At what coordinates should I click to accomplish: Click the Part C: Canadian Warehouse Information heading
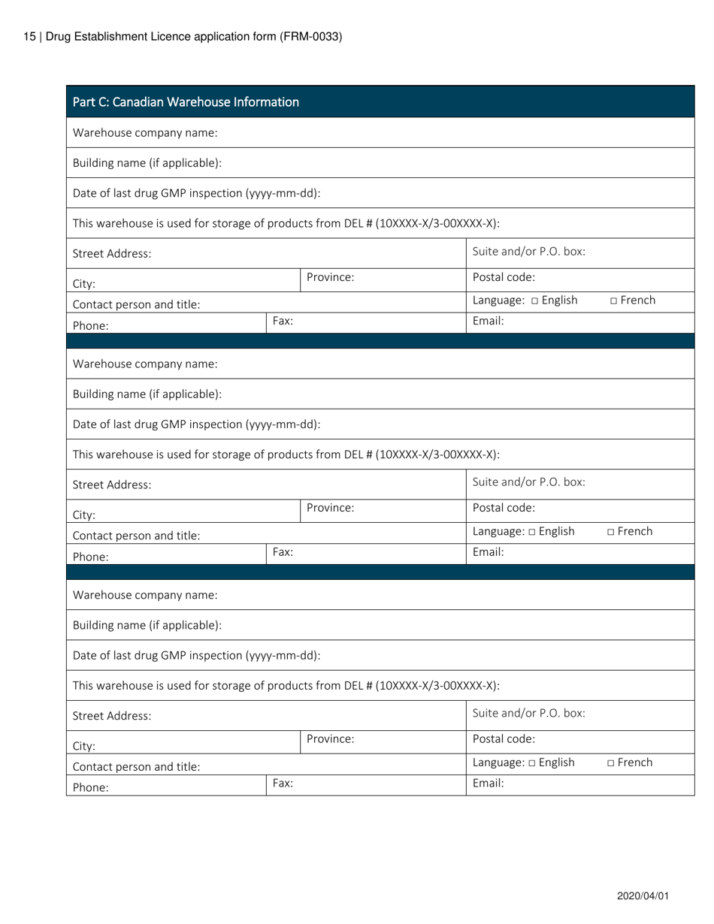(x=186, y=102)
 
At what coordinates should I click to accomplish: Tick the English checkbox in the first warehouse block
(x=535, y=301)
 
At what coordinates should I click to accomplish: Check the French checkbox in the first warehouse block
(x=614, y=301)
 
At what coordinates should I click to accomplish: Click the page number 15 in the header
(x=29, y=36)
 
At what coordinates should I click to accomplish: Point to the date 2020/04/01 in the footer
(x=643, y=896)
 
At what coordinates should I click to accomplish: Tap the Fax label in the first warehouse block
(x=283, y=321)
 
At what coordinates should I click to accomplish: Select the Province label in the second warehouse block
(x=330, y=508)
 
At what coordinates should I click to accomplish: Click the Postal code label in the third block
(x=504, y=738)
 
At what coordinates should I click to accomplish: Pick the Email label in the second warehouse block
(x=488, y=551)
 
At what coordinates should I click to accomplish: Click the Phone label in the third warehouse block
(x=90, y=788)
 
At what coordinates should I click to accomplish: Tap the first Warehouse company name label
(x=145, y=133)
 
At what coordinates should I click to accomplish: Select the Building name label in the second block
(x=147, y=394)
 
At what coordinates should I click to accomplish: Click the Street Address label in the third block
(x=112, y=716)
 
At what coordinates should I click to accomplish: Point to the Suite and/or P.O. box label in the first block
(x=528, y=251)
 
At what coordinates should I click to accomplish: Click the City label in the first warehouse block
(x=83, y=285)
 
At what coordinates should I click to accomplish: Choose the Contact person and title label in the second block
(x=136, y=536)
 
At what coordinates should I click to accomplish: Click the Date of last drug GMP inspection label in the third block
(x=196, y=655)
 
